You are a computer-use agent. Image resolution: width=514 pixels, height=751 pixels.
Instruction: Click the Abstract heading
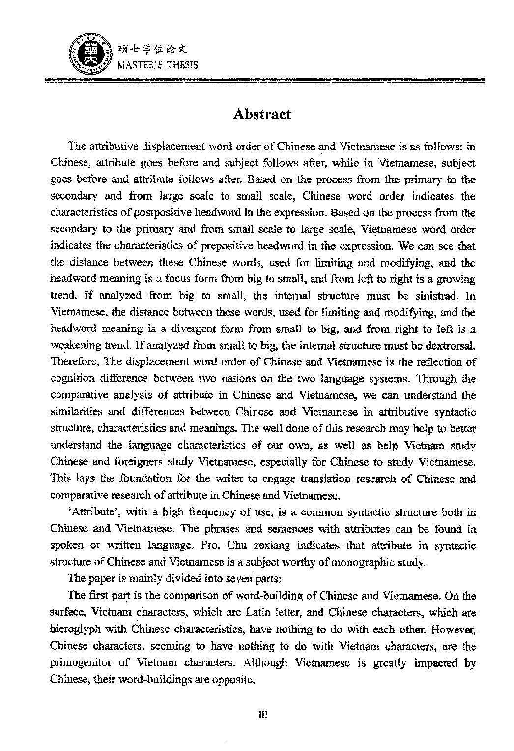pos(262,114)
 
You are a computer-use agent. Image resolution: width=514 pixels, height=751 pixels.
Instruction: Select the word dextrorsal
pos(450,346)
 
